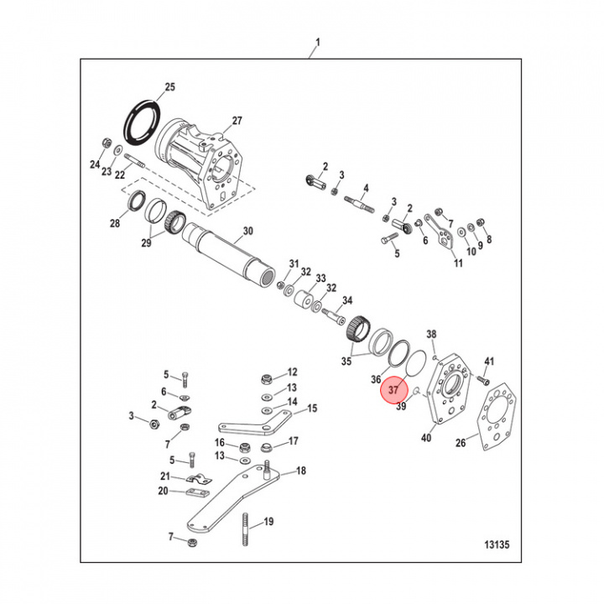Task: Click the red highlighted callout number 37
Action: (395, 392)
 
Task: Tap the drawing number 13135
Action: (497, 544)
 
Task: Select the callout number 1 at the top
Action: (317, 42)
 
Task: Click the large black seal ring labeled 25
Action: (139, 118)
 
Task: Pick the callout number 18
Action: (300, 471)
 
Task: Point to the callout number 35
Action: (346, 362)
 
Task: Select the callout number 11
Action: (458, 263)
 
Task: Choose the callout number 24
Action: (95, 164)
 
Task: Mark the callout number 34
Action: (346, 300)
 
